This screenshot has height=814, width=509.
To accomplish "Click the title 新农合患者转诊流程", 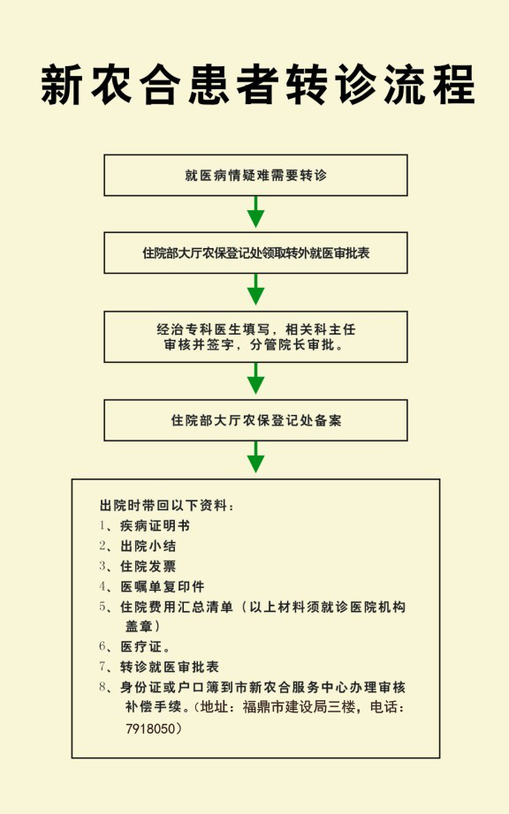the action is (x=257, y=85).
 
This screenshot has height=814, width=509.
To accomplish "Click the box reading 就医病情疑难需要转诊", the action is (x=255, y=175).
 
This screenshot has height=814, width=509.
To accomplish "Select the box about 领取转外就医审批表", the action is (x=255, y=252).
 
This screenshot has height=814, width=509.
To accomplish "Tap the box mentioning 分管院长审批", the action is (x=255, y=336).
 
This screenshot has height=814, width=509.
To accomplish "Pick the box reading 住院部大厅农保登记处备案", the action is (x=255, y=420).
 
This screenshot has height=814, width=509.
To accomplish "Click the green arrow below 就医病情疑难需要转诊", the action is (x=255, y=212).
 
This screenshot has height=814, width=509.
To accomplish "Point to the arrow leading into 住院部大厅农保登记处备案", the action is (x=255, y=379).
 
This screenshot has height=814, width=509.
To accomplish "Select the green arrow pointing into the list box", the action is (x=255, y=456).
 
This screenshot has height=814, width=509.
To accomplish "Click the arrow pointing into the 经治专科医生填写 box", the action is (x=255, y=290).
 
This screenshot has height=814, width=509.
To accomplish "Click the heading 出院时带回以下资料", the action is (x=167, y=505).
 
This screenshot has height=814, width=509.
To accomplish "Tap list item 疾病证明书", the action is (x=155, y=525).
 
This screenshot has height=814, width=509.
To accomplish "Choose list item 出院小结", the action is (x=148, y=546).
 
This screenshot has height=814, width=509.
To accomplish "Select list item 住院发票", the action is (x=148, y=566).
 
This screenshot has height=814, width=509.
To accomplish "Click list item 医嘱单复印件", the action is (x=162, y=586).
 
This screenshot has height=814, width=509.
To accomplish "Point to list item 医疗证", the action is (x=145, y=646).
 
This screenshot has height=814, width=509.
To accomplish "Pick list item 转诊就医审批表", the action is (x=170, y=667).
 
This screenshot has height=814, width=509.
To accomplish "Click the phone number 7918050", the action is (x=150, y=728).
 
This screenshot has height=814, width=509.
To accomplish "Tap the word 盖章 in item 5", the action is (x=139, y=626).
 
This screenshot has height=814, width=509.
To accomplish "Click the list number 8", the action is (x=103, y=687).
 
